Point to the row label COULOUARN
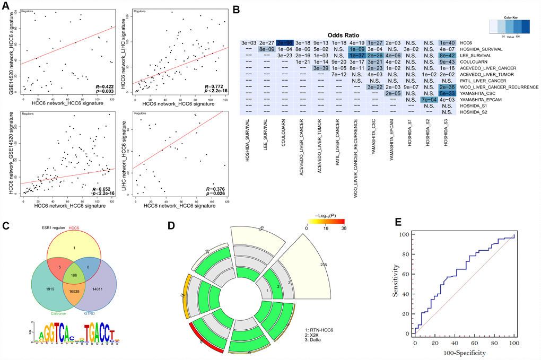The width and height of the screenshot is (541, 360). [474, 62]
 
